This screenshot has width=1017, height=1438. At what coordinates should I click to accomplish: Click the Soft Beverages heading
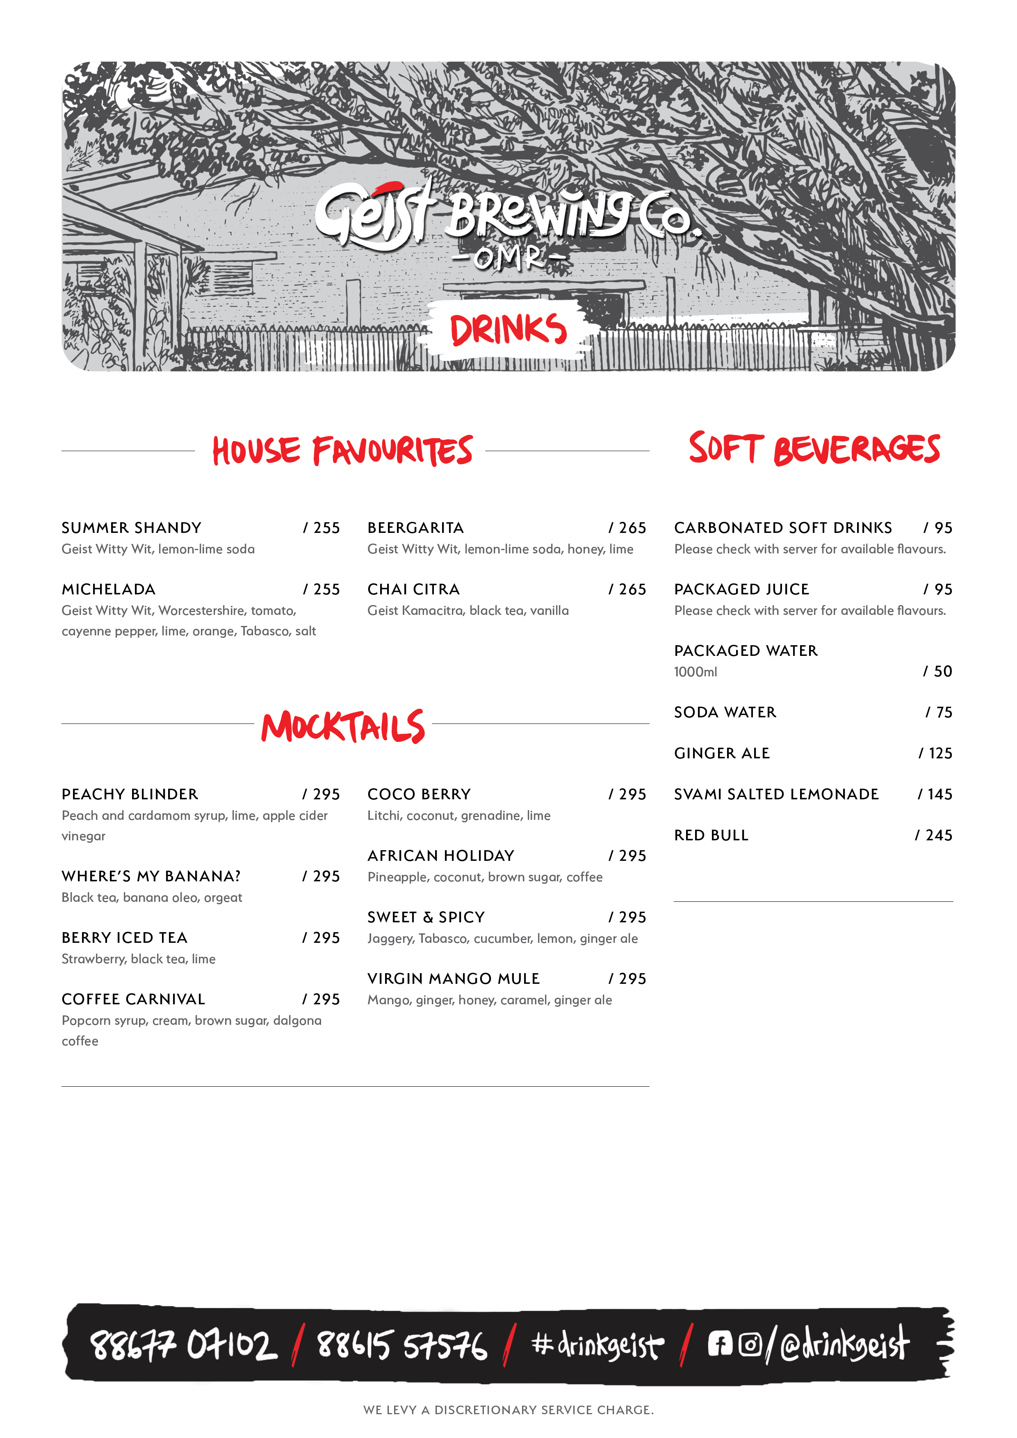tap(814, 448)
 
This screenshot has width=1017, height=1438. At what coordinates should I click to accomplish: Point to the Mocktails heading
tap(343, 726)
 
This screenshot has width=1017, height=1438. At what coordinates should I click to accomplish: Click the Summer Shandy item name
tap(132, 528)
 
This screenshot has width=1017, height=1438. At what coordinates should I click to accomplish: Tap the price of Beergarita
tap(627, 528)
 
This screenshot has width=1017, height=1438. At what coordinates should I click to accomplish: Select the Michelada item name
tap(108, 589)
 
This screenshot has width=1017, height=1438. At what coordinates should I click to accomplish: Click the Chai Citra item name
tap(414, 589)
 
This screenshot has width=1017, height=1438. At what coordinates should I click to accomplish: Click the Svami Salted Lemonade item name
tap(776, 794)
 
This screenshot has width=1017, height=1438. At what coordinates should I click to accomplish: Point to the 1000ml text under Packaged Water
tap(695, 672)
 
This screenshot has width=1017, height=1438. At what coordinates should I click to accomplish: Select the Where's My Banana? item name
tap(151, 876)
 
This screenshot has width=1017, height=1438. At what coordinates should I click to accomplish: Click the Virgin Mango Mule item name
tap(454, 978)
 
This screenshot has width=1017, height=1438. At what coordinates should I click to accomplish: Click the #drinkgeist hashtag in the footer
tap(597, 1345)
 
